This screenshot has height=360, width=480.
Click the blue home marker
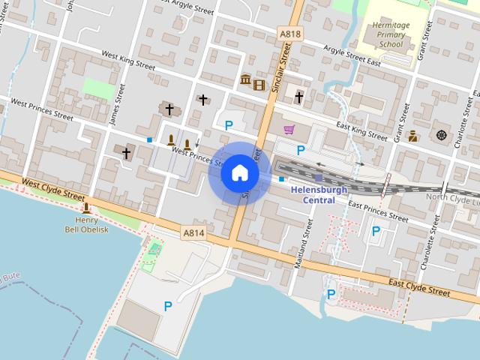239,173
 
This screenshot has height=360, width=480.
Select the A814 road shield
193,234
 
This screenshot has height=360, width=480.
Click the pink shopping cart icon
289,130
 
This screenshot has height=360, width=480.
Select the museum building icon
245,79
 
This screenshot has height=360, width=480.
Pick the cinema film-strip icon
259,84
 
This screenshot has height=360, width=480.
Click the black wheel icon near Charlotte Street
440,135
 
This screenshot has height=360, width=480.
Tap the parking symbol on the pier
168,305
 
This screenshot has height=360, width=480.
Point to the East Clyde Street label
420,287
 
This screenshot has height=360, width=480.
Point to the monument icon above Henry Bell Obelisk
87,208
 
